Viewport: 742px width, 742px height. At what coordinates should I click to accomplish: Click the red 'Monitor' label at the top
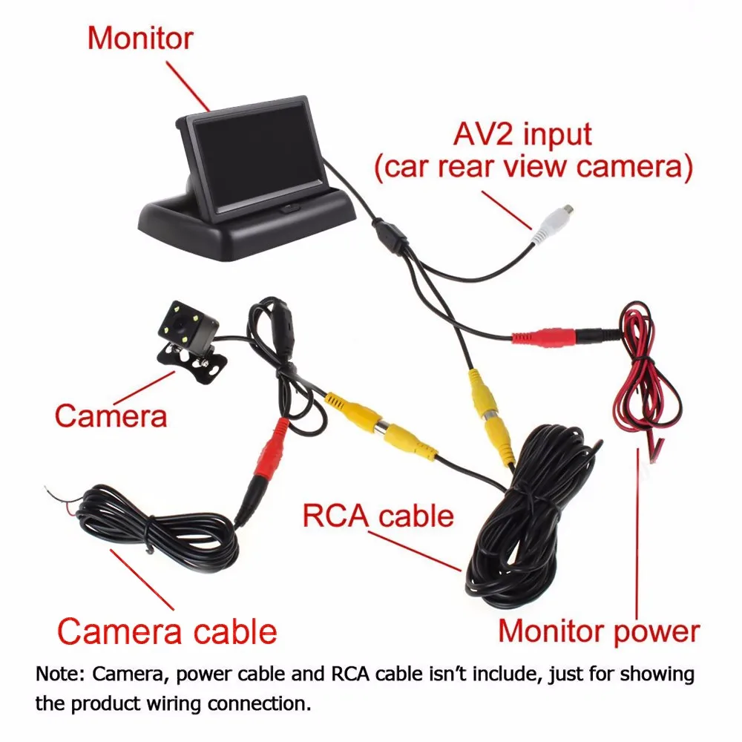click(140, 38)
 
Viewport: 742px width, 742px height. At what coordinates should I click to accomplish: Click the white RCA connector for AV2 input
click(554, 222)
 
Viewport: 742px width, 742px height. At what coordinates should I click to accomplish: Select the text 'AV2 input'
click(523, 135)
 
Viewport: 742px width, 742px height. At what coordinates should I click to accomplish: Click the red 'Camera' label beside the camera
click(111, 415)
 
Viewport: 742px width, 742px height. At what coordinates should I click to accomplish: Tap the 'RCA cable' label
click(378, 515)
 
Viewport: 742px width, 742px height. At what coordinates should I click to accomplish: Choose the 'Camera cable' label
click(167, 632)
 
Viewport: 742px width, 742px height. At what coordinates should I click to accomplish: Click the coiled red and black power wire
click(643, 386)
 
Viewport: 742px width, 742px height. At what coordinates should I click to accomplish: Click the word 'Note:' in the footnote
click(60, 674)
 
